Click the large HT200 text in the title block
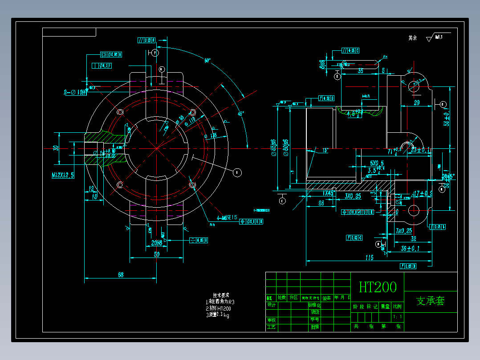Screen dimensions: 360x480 [x=378, y=287]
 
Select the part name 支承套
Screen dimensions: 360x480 [x=430, y=301]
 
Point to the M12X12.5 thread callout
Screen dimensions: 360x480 [x=62, y=175]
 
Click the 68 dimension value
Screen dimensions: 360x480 [x=120, y=275]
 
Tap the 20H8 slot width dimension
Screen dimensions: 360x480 [x=156, y=243]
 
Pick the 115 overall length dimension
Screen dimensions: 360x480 [x=369, y=258]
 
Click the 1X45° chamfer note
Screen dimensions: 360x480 [x=328, y=193]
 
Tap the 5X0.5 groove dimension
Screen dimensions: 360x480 [x=377, y=163]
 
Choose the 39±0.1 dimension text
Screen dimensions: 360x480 [x=410, y=249]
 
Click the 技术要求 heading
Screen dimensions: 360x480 [x=221, y=295]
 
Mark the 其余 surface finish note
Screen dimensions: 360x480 [x=412, y=38]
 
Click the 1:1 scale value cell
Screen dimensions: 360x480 [x=398, y=318]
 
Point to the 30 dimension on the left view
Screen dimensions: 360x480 [x=56, y=147]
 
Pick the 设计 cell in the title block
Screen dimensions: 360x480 [x=271, y=305]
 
